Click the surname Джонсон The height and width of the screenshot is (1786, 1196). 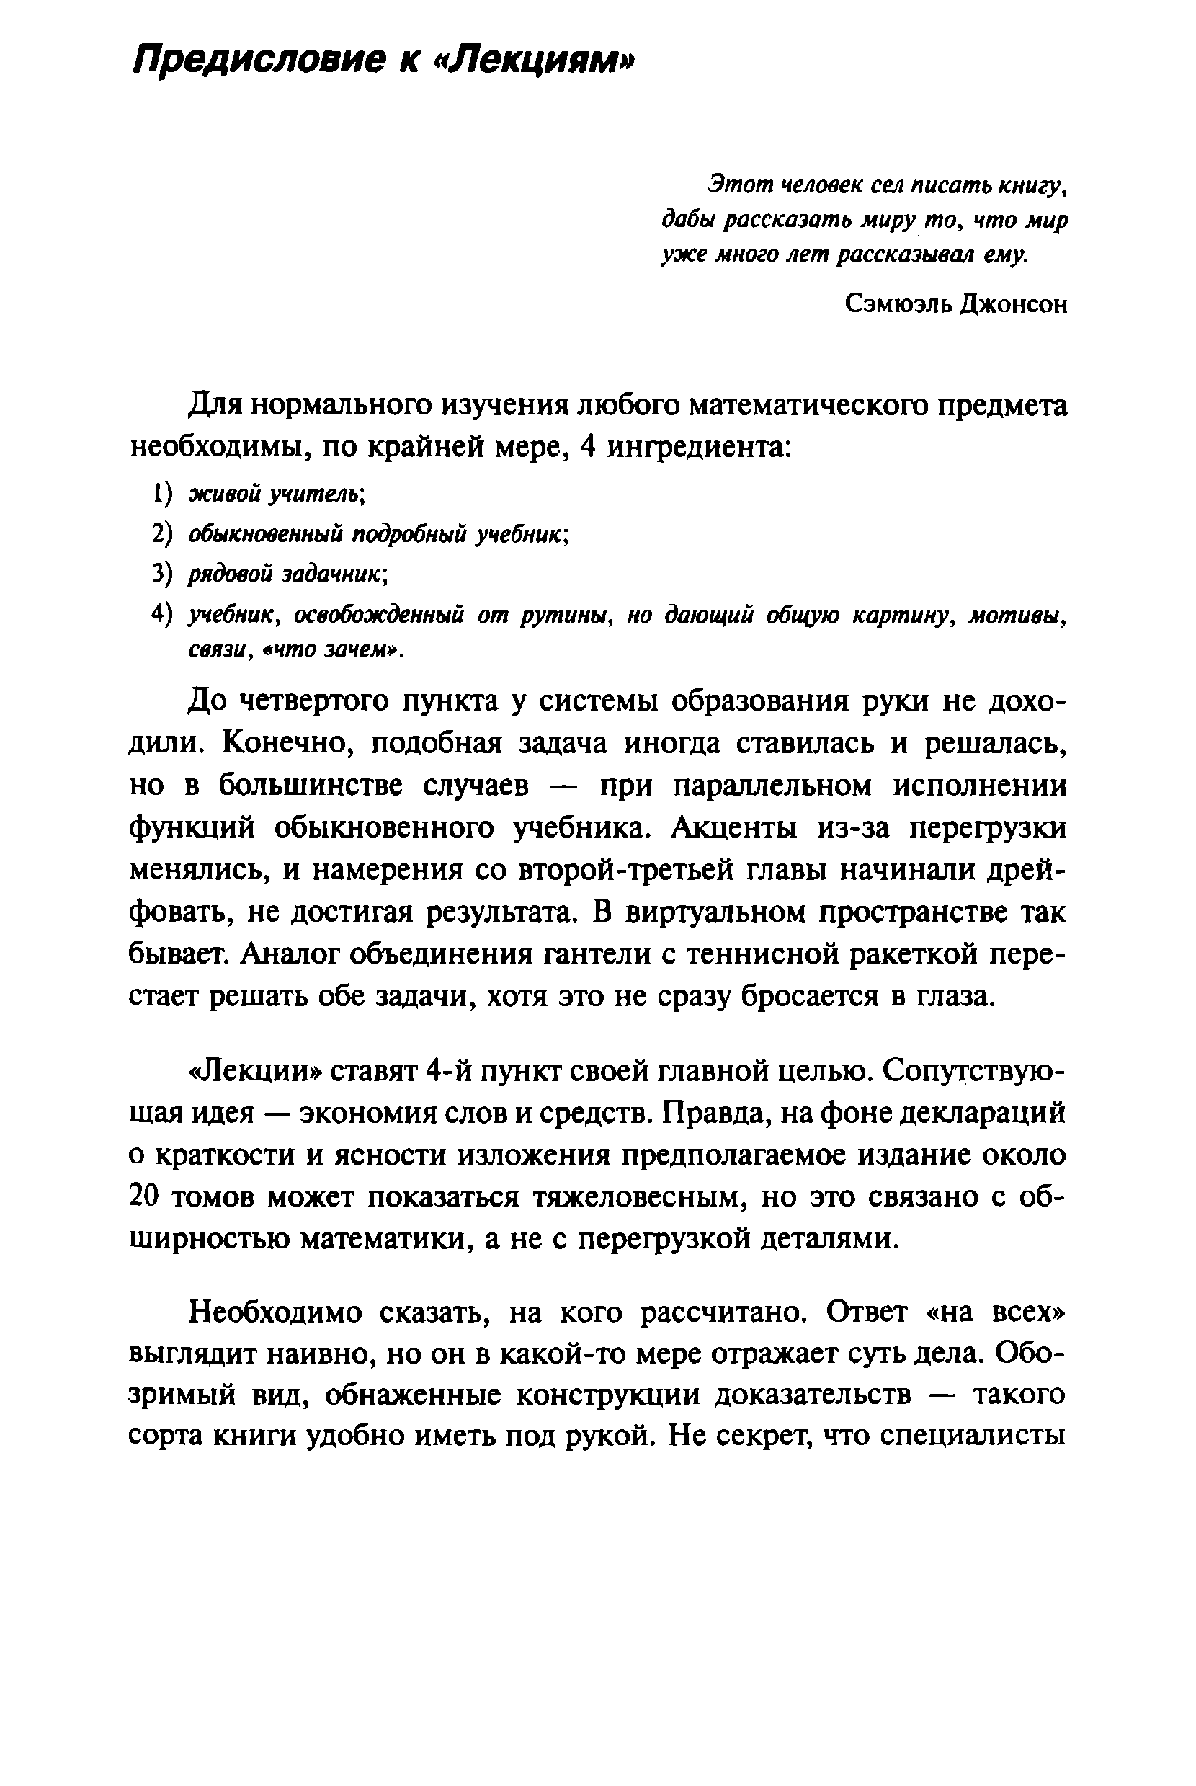coord(1014,303)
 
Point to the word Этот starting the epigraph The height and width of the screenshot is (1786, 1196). coord(737,185)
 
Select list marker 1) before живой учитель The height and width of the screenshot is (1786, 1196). coord(162,494)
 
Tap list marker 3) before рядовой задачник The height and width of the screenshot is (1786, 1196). coord(162,573)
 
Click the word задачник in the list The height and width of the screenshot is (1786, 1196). coord(335,574)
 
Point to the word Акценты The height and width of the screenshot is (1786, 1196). coord(736,827)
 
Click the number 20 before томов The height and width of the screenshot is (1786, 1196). coord(145,1198)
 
